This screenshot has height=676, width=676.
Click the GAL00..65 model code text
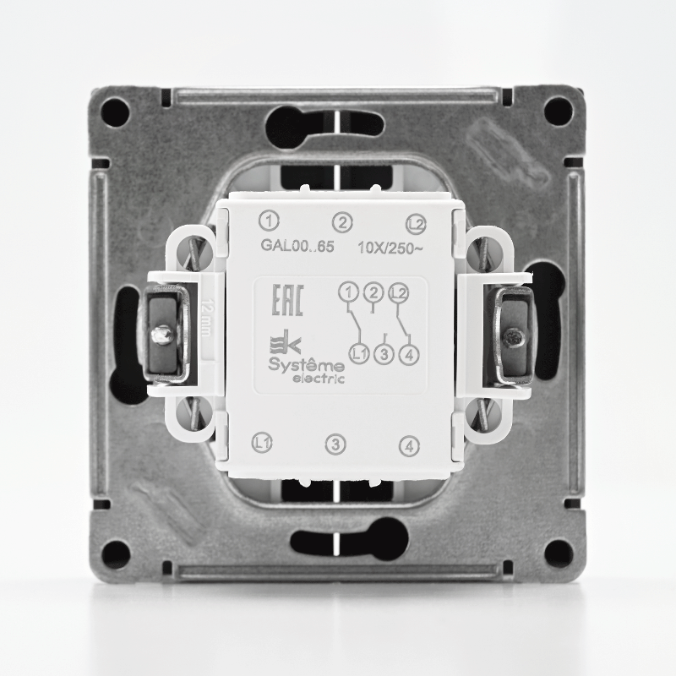click(x=297, y=246)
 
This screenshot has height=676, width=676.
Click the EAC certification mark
click(x=287, y=300)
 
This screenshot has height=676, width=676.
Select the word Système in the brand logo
click(x=307, y=365)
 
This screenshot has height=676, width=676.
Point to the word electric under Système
click(x=319, y=379)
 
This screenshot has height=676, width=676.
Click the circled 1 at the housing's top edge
click(x=269, y=221)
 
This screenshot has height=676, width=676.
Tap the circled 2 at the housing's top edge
click(x=342, y=223)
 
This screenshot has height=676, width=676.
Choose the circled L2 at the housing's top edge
click(x=416, y=225)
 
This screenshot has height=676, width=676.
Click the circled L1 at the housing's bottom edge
click(x=262, y=442)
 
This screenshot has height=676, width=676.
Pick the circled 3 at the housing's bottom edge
click(x=335, y=444)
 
